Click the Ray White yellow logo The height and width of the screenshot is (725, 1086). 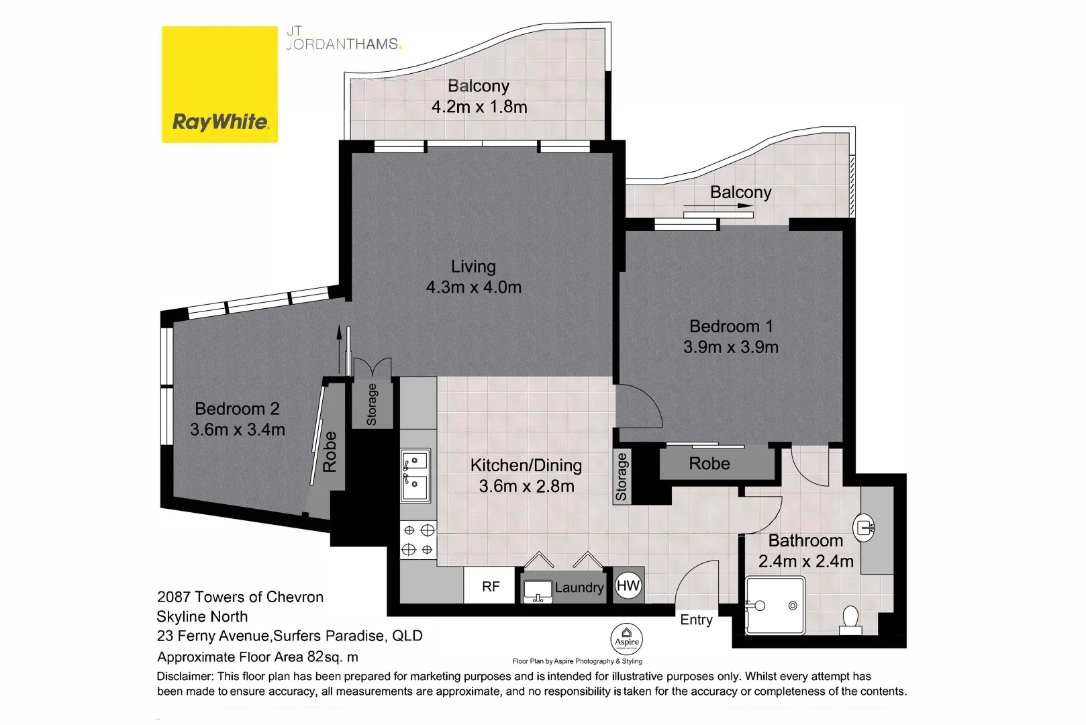click(x=219, y=84)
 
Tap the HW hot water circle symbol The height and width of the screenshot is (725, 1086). click(x=628, y=585)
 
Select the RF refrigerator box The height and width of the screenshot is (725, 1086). click(x=491, y=587)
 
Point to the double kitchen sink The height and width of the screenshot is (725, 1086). click(x=415, y=476)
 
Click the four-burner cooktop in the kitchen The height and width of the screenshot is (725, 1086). click(x=417, y=540)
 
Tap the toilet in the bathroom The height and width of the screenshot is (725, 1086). click(x=850, y=619)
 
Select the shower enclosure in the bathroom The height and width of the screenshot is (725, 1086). click(x=775, y=606)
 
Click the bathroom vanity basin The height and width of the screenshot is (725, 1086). click(x=866, y=527)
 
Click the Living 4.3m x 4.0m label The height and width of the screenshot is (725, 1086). click(x=474, y=277)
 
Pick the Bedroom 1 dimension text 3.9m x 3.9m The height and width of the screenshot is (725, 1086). click(x=731, y=347)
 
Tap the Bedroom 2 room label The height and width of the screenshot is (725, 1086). click(x=237, y=408)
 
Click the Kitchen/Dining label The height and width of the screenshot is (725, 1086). click(x=526, y=465)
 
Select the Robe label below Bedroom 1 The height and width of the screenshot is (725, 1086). click(x=709, y=464)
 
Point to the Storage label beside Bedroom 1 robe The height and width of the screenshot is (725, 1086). click(x=622, y=477)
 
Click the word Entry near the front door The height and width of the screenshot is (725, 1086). click(x=696, y=620)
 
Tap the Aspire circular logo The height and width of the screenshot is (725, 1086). click(x=626, y=640)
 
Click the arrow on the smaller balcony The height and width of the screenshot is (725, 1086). click(x=718, y=206)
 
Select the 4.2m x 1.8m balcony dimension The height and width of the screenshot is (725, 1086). click(x=479, y=107)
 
